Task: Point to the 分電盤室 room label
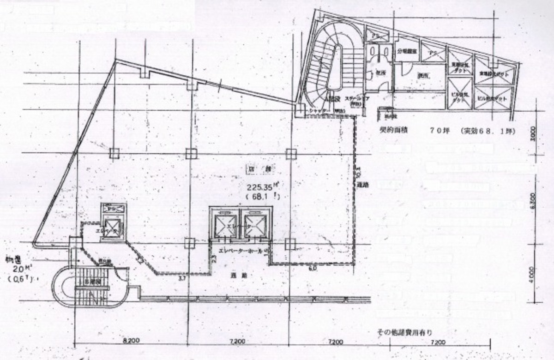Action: point(407,53)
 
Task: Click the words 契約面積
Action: point(391,131)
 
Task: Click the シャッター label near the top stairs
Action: point(319,110)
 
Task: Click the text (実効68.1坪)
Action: point(488,131)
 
